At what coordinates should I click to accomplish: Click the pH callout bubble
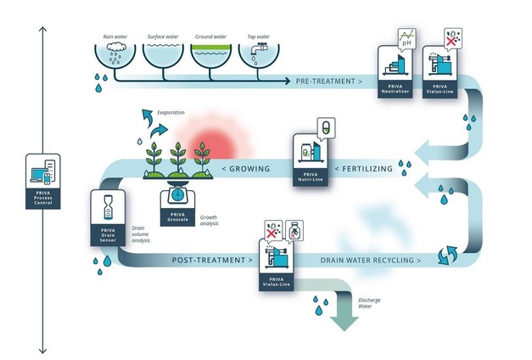tap(411, 38)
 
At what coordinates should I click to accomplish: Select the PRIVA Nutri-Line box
tap(311, 160)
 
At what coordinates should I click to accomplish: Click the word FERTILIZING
tap(367, 169)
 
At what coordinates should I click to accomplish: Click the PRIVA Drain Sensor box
tap(108, 220)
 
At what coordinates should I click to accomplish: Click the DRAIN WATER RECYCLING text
tap(371, 260)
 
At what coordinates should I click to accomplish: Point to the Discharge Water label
tap(370, 304)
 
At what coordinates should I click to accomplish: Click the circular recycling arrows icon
tap(442, 255)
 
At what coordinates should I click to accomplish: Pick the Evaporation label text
tap(171, 112)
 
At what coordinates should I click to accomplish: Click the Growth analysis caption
tap(209, 222)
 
